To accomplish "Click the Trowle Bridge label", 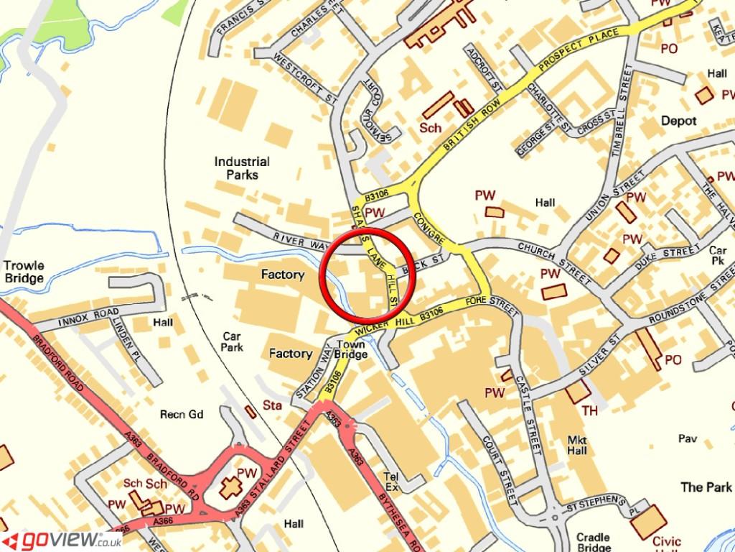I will (x=24, y=272).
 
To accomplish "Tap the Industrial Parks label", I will (x=242, y=168).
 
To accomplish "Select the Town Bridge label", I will (x=351, y=349).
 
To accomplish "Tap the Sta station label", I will (x=273, y=405).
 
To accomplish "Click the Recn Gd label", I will (x=182, y=415).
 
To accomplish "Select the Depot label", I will (x=678, y=121).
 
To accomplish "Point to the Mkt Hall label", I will (x=577, y=445).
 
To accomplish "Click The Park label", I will (x=706, y=487).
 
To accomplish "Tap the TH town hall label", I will (x=589, y=410).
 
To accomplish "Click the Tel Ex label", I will (x=391, y=481).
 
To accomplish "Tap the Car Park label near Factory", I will (x=232, y=341).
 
